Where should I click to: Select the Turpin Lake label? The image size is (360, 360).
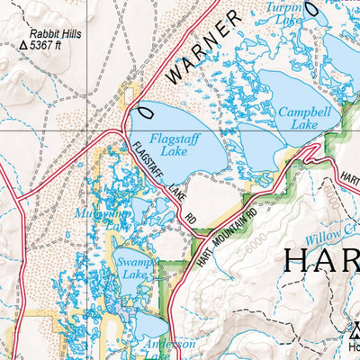click(x=286, y=11)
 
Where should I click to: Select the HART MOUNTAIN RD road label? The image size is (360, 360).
click(x=226, y=238)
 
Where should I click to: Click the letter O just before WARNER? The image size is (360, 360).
click(x=145, y=111)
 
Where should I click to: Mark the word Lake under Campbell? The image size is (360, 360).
click(x=304, y=125)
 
